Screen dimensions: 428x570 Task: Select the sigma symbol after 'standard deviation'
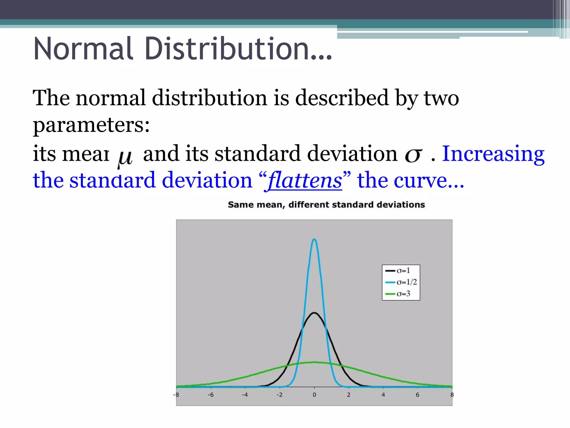click(x=414, y=155)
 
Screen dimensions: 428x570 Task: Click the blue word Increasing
click(x=493, y=154)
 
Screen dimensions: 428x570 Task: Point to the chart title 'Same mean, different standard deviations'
click(x=326, y=205)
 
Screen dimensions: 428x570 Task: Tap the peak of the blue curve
click(x=315, y=239)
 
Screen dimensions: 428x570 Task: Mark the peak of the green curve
click(x=315, y=362)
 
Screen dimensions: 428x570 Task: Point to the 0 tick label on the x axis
click(x=315, y=395)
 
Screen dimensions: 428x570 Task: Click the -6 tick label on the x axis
click(x=211, y=395)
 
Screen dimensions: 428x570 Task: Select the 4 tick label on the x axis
click(x=383, y=395)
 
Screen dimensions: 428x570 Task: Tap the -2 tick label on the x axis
click(x=279, y=395)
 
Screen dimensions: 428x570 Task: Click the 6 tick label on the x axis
click(x=417, y=395)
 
